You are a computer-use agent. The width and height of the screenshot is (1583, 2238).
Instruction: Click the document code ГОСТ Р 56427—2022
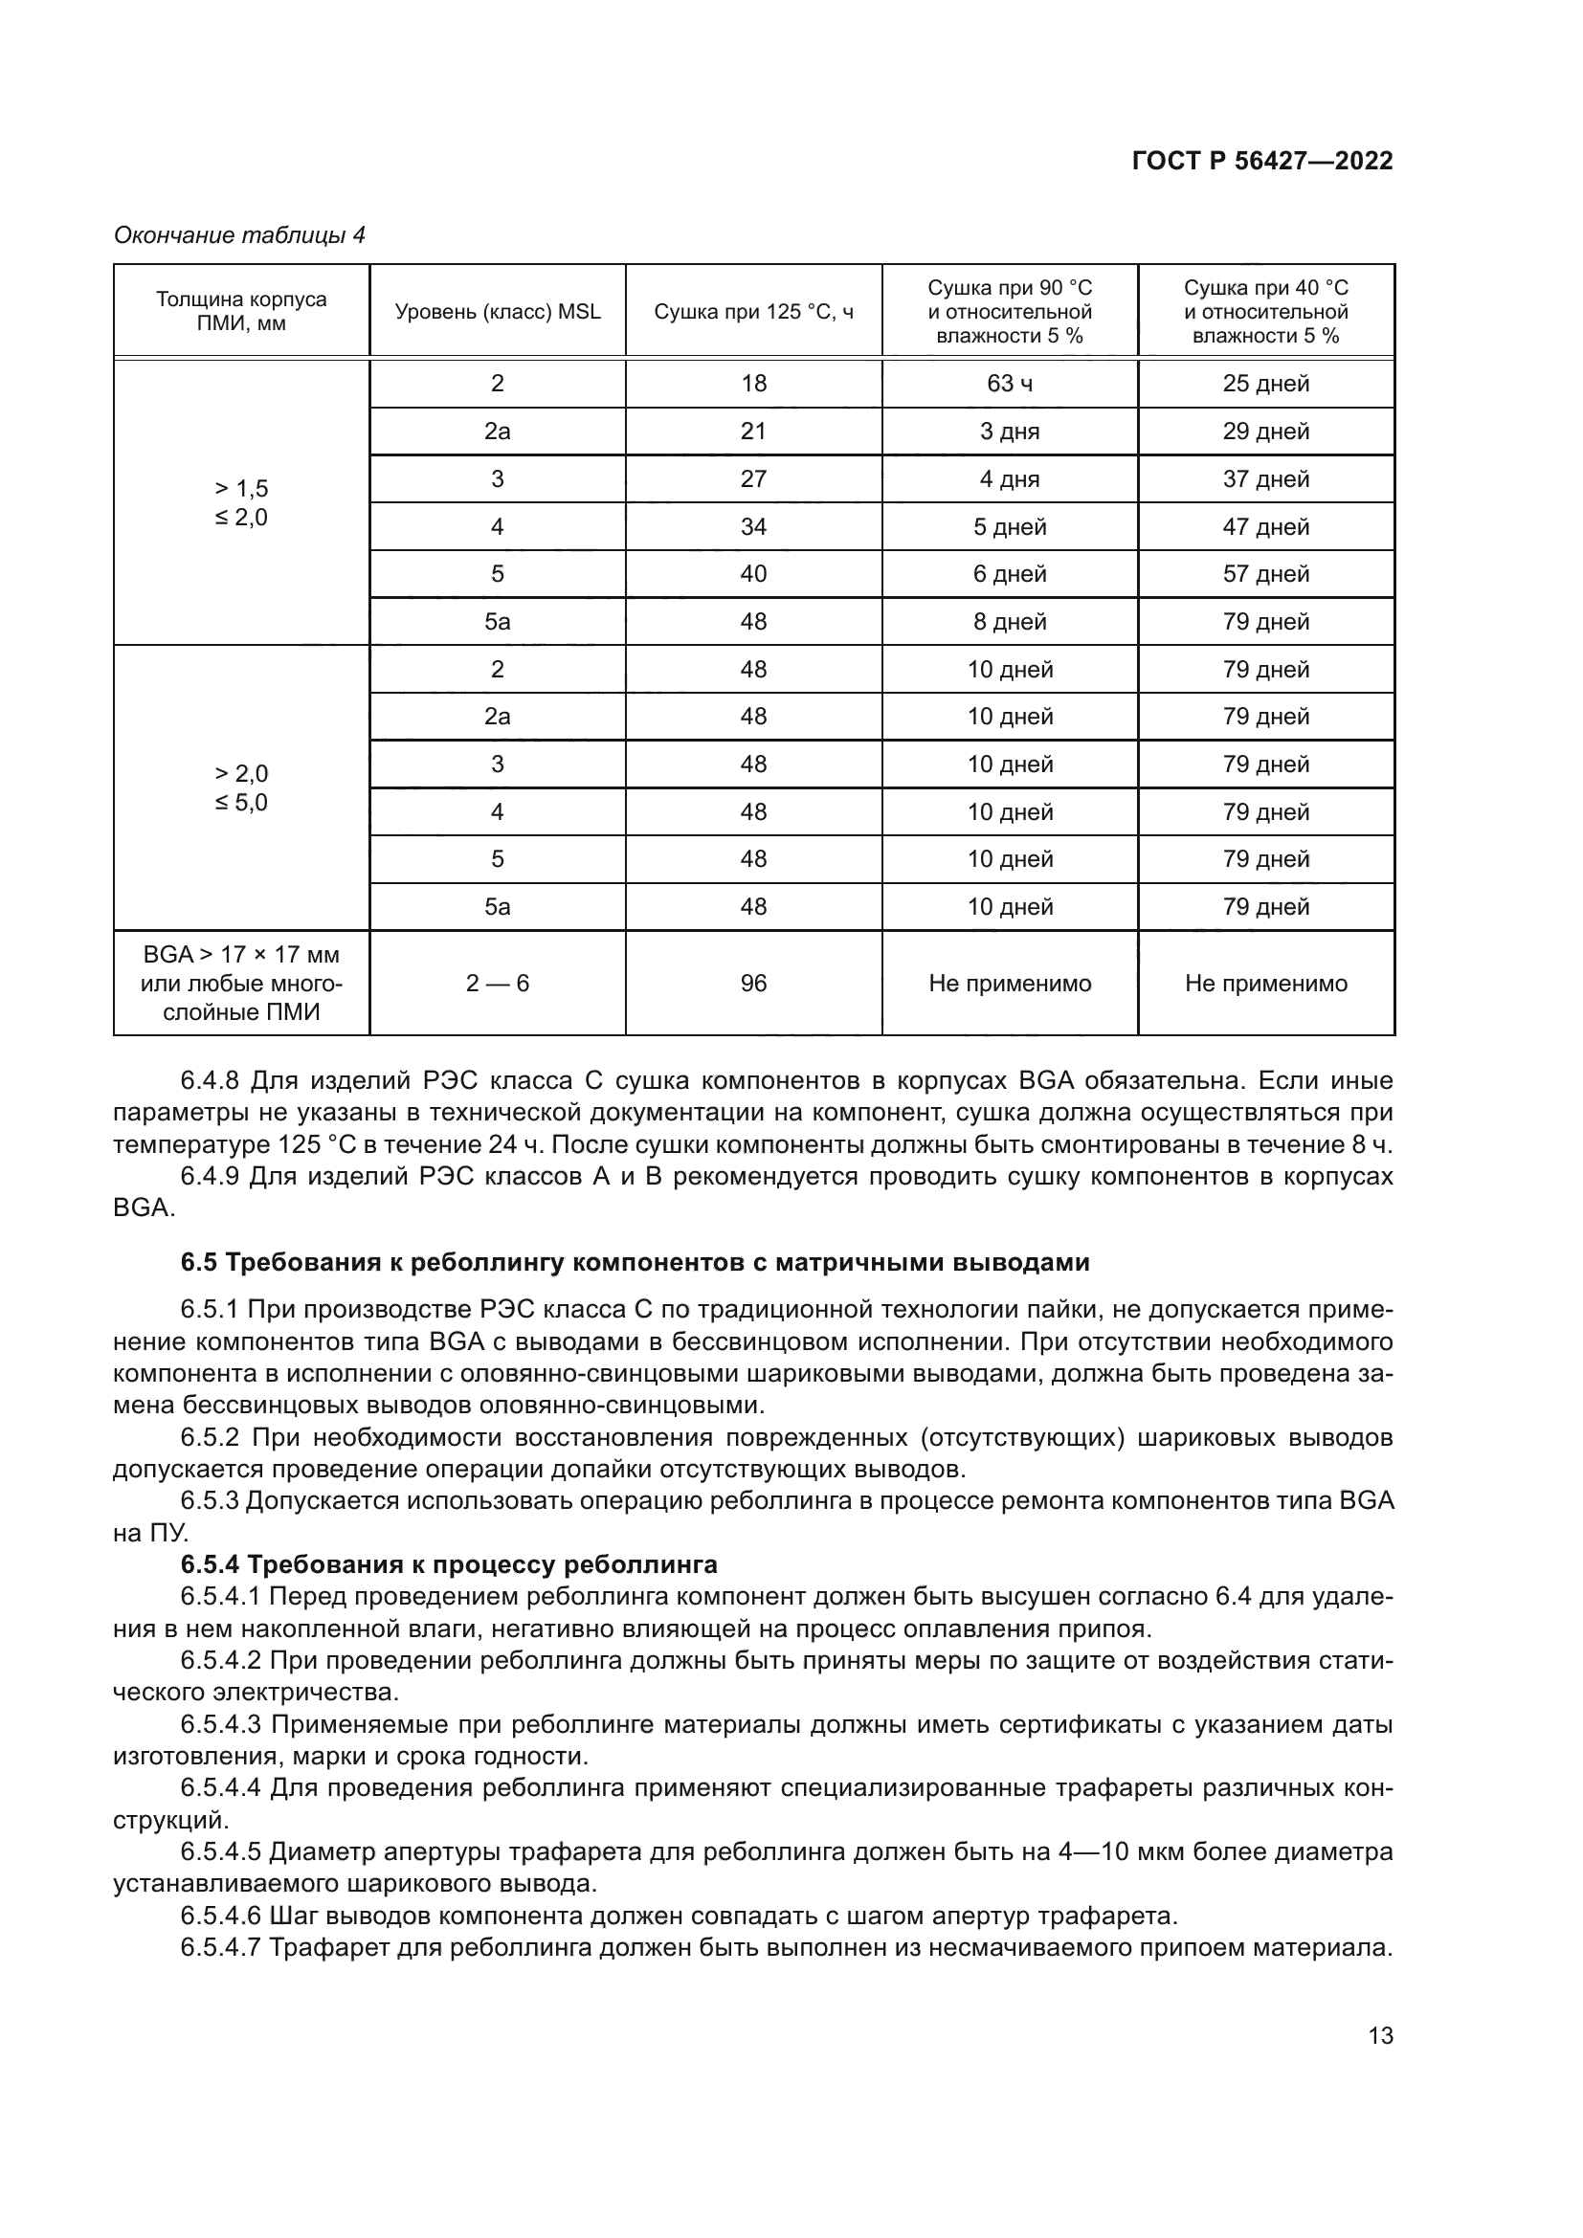pyautogui.click(x=1262, y=162)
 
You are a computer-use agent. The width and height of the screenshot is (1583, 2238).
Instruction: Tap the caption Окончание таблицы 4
pyautogui.click(x=239, y=235)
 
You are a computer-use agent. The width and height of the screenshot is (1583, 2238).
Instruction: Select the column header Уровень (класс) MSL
pyautogui.click(x=497, y=312)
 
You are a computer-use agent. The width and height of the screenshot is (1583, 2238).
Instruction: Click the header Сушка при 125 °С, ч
pyautogui.click(x=753, y=312)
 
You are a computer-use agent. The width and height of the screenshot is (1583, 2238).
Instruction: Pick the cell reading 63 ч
pyautogui.click(x=1010, y=383)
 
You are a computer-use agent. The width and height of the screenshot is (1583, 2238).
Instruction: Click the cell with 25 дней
pyautogui.click(x=1265, y=383)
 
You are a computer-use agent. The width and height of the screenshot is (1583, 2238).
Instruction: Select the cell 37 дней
pyautogui.click(x=1265, y=478)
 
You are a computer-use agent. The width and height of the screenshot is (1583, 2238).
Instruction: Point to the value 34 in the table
pyautogui.click(x=753, y=526)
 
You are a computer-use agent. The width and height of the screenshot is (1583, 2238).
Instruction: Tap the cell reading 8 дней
pyautogui.click(x=1010, y=621)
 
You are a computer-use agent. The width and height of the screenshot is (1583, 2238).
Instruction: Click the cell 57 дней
pyautogui.click(x=1265, y=573)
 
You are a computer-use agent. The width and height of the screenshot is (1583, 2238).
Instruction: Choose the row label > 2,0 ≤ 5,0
pyautogui.click(x=241, y=787)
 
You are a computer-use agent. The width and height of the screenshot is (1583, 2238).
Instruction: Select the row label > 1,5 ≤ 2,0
pyautogui.click(x=241, y=502)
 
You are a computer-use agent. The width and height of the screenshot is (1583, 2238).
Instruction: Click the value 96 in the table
pyautogui.click(x=753, y=983)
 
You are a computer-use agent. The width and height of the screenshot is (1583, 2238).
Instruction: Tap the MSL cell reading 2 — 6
pyautogui.click(x=497, y=983)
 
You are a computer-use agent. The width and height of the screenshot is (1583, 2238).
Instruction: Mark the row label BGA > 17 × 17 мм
pyautogui.click(x=241, y=954)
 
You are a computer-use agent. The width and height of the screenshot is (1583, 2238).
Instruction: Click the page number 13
pyautogui.click(x=1380, y=2036)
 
